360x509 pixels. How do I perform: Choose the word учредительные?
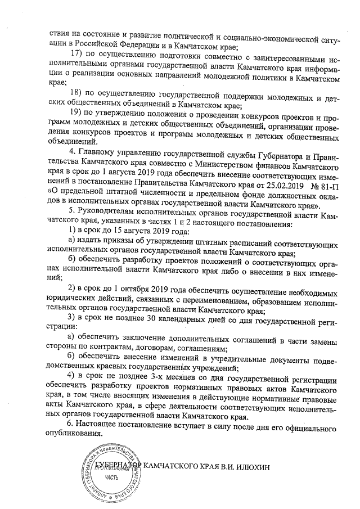click(220, 356)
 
